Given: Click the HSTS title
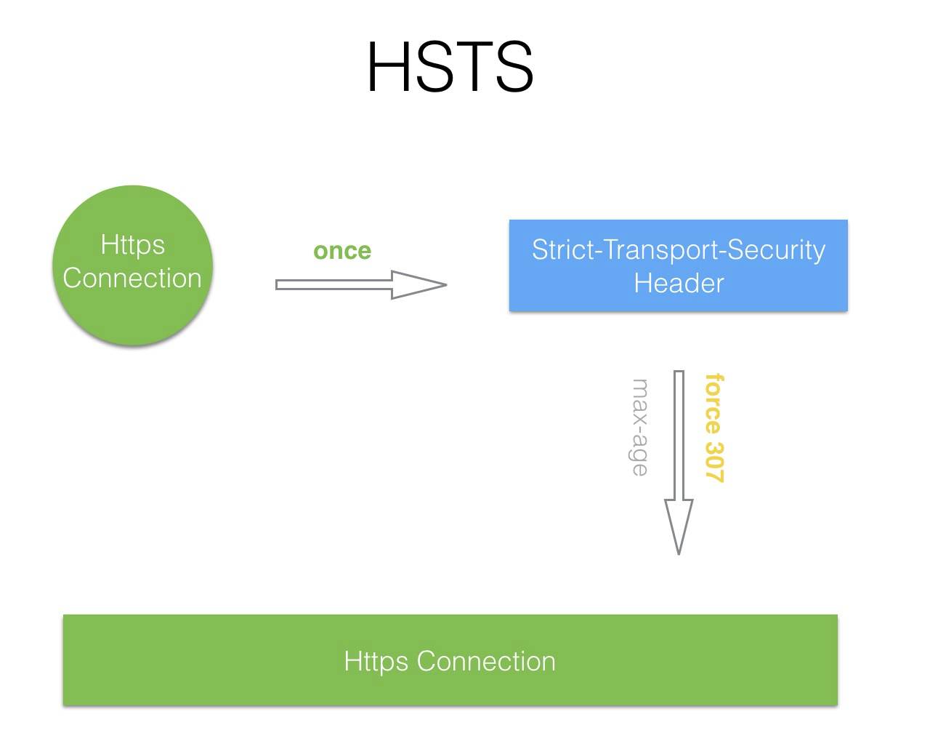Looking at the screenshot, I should coord(450,67).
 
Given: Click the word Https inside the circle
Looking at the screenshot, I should coord(132,244).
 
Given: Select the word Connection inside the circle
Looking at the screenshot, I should coord(132,279).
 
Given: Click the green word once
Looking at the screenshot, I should coord(342,251).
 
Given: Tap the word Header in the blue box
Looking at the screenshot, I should coord(679,283).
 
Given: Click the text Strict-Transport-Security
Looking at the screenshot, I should coord(679,250).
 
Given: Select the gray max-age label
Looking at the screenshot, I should coord(639,428).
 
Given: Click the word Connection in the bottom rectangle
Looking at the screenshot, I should coord(486,661).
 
